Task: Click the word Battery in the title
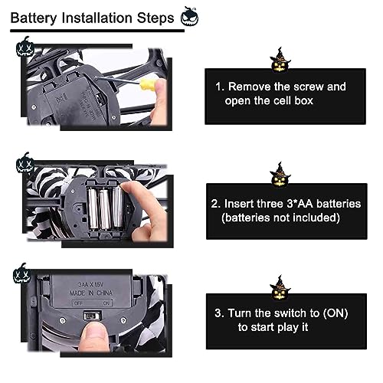[34, 18]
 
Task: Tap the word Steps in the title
[155, 18]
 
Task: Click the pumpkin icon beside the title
[189, 17]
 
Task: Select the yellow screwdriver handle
[148, 84]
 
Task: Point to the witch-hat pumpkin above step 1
[280, 61]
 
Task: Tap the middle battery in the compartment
[105, 209]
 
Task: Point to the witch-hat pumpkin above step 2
[280, 175]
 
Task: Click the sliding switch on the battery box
[93, 316]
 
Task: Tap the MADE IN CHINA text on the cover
[91, 293]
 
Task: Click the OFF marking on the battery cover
[78, 303]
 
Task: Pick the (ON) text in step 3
[336, 313]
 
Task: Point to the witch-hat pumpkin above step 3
[280, 288]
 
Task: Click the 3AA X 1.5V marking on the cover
[90, 284]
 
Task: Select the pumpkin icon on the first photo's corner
[25, 47]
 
